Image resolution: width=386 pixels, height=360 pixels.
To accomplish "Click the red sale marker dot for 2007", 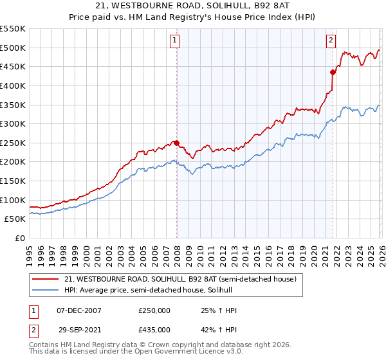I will (176, 143).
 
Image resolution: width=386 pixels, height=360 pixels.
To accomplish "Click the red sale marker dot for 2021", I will (333, 72).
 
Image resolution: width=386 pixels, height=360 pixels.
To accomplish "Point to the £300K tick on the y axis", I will (14, 124).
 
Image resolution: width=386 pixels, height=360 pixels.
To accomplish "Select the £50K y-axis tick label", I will (16, 219).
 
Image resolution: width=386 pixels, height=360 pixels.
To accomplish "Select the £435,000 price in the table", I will (154, 329).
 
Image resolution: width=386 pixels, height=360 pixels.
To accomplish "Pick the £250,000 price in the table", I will (154, 310).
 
